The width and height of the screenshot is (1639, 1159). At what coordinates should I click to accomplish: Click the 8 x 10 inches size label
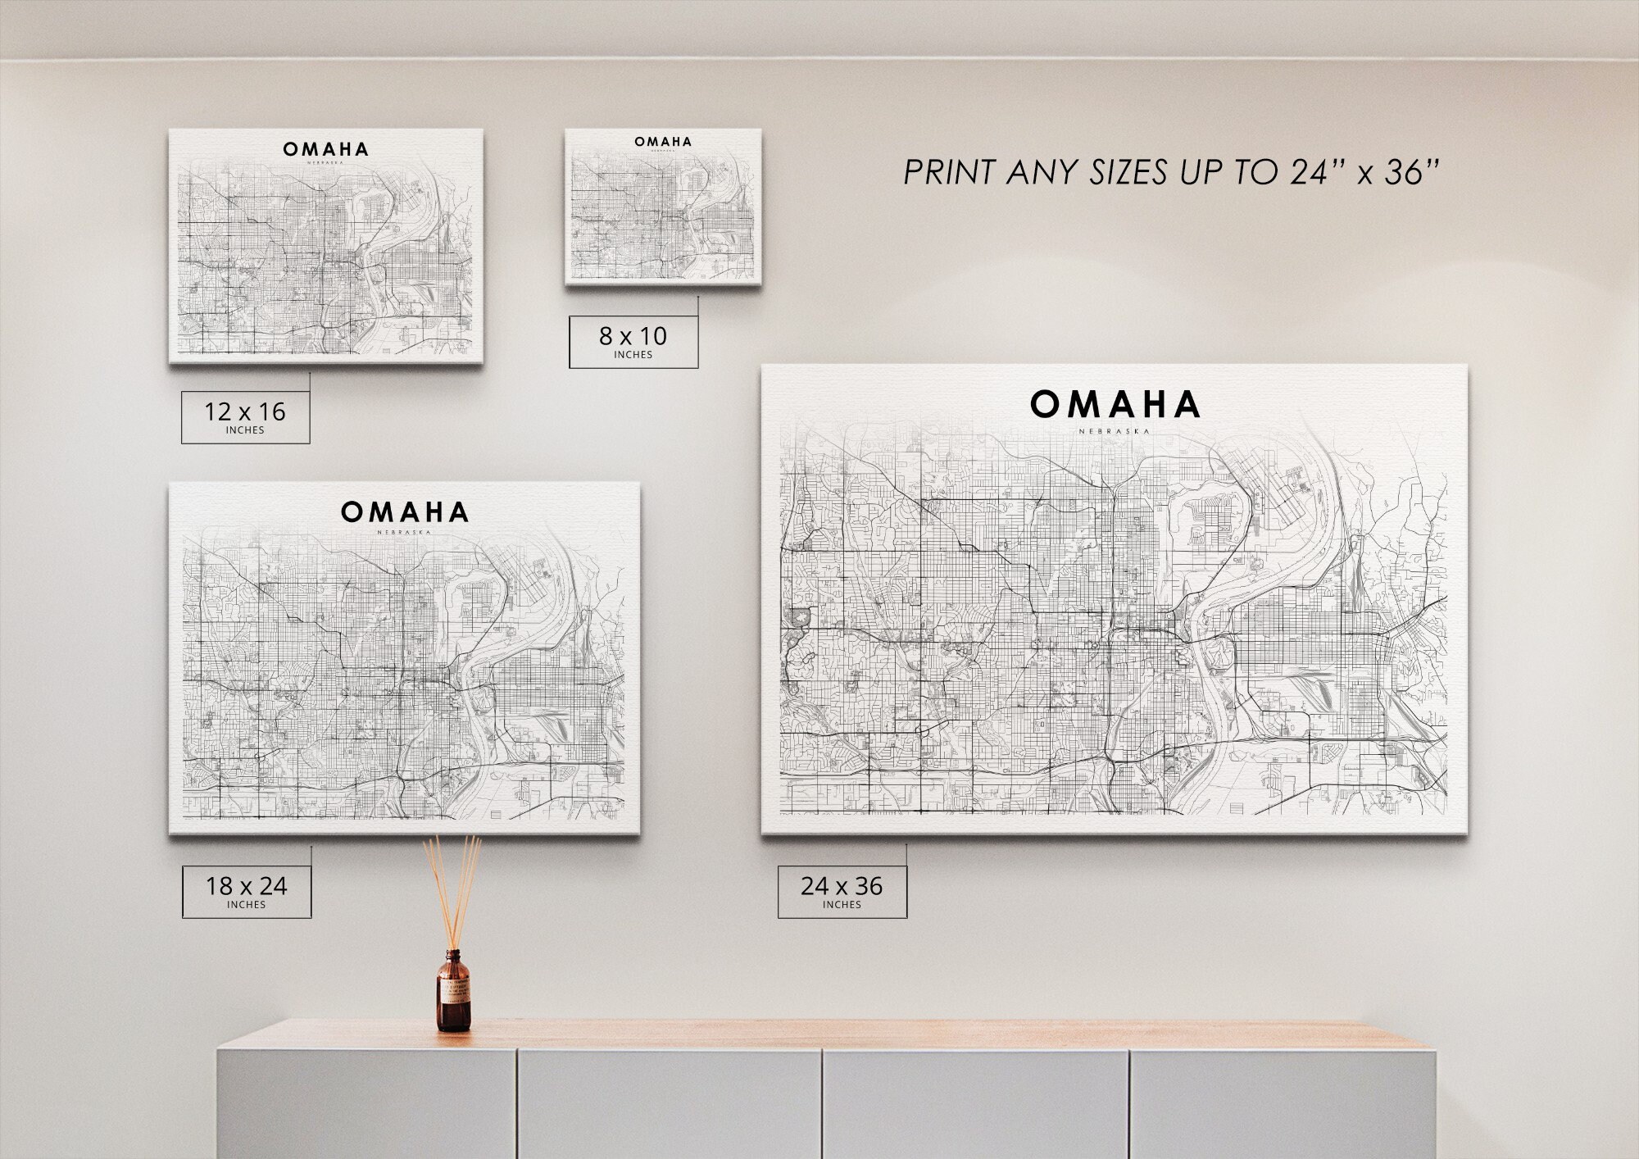coord(633,341)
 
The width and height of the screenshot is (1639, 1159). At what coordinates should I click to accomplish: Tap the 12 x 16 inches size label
coord(245,416)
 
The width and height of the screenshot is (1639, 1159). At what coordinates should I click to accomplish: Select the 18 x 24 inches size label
coord(246,890)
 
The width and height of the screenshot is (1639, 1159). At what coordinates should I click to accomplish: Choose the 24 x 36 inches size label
coord(842,890)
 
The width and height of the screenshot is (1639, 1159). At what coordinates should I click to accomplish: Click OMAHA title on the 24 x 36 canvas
coord(1115,405)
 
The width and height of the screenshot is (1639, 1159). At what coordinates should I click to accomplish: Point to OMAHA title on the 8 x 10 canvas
coord(663,142)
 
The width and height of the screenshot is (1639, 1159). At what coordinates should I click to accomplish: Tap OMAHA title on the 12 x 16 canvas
coord(325,150)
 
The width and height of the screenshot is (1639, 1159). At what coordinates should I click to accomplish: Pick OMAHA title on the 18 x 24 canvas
coord(405,513)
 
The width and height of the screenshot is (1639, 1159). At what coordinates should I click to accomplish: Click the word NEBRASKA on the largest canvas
coord(1115,431)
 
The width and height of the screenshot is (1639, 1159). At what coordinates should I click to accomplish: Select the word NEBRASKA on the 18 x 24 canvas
coord(404,533)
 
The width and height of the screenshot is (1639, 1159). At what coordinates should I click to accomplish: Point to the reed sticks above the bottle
coord(452,885)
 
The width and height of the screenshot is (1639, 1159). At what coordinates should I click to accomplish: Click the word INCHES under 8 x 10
coord(633,355)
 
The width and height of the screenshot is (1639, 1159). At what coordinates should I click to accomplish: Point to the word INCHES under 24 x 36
coord(842,905)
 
